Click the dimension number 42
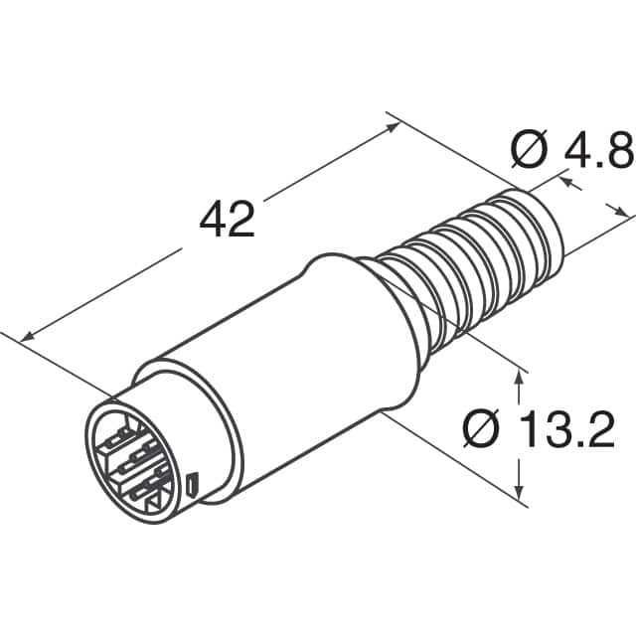tap(228, 219)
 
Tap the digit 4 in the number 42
tap(213, 219)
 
